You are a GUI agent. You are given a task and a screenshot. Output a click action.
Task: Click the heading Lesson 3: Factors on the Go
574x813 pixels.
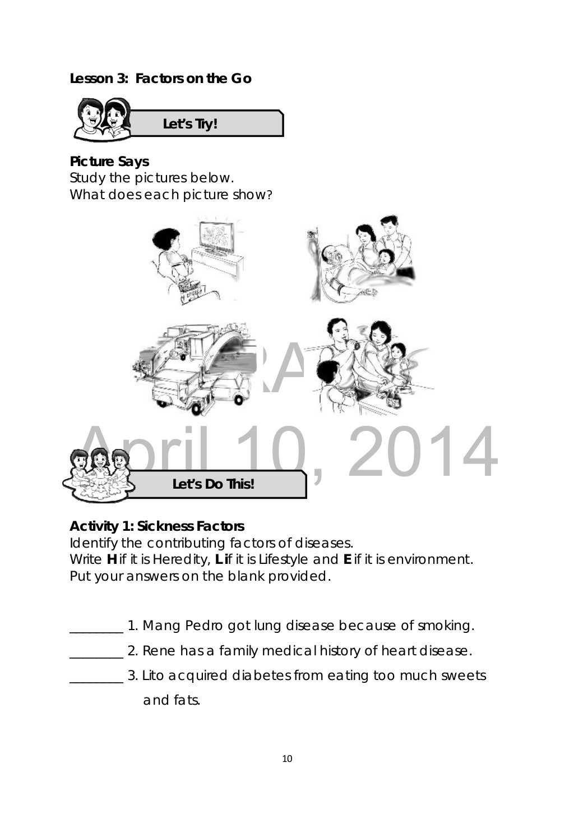pos(160,79)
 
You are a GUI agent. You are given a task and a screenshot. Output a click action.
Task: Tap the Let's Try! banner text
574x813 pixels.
pos(189,124)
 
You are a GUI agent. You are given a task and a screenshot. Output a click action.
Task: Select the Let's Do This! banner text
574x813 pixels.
pos(213,484)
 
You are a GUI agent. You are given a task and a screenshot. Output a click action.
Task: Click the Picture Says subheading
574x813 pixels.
pos(109,162)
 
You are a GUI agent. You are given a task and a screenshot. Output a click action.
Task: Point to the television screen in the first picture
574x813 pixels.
pos(216,236)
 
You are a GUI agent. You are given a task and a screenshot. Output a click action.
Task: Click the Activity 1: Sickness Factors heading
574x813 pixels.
pos(157,526)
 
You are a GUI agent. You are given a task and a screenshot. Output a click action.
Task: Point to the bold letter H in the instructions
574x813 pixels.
pos(111,559)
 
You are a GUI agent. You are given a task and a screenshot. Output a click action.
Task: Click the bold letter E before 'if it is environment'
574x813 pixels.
pos(347,559)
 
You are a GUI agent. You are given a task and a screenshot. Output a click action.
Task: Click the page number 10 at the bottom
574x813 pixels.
pos(287,759)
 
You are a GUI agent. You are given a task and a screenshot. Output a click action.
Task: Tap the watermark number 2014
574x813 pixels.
pos(424,453)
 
